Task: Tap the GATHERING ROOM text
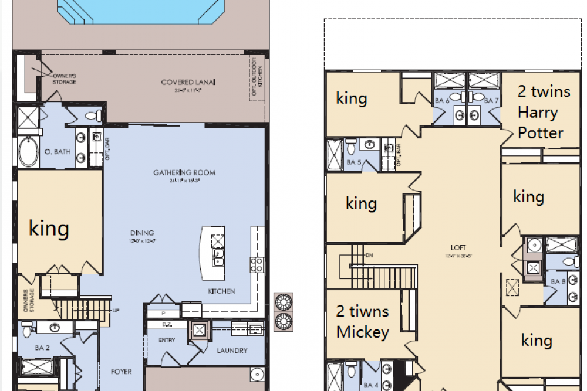point(184,172)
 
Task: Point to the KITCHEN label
point(221,291)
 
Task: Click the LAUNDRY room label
point(231,351)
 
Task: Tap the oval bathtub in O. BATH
point(28,152)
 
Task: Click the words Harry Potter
point(540,123)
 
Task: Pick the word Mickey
point(362,332)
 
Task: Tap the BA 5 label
point(353,162)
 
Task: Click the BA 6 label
point(441,100)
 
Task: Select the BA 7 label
point(492,100)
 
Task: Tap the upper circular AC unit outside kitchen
point(284,302)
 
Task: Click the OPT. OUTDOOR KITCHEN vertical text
point(254,77)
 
